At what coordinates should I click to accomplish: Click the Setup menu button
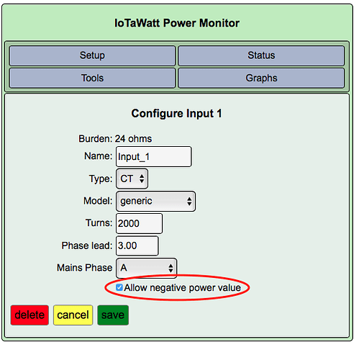pyautogui.click(x=92, y=55)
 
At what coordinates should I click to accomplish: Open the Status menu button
pyautogui.click(x=261, y=55)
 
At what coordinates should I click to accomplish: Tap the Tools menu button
pyautogui.click(x=92, y=78)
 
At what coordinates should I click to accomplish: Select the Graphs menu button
pyautogui.click(x=261, y=78)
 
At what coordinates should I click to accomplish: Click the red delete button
pyautogui.click(x=29, y=315)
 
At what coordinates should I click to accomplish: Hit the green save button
pyautogui.click(x=113, y=315)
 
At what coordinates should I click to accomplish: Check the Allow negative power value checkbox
pyautogui.click(x=119, y=287)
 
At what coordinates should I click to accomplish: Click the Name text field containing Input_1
pyautogui.click(x=154, y=156)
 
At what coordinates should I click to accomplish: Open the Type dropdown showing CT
pyautogui.click(x=132, y=179)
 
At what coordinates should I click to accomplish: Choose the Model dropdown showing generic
pyautogui.click(x=155, y=201)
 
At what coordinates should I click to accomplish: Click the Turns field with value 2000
pyautogui.click(x=139, y=223)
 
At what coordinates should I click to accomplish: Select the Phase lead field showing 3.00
pyautogui.click(x=137, y=246)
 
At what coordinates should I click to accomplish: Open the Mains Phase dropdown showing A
pyautogui.click(x=146, y=268)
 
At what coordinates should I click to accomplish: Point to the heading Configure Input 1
pyautogui.click(x=176, y=113)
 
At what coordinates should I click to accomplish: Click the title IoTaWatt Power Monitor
pyautogui.click(x=177, y=23)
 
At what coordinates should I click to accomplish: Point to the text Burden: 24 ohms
pyautogui.click(x=115, y=139)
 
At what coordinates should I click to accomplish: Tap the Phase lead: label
pyautogui.click(x=87, y=246)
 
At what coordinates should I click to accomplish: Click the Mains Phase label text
pyautogui.click(x=84, y=268)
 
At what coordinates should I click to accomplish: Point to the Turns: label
pyautogui.click(x=99, y=223)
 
